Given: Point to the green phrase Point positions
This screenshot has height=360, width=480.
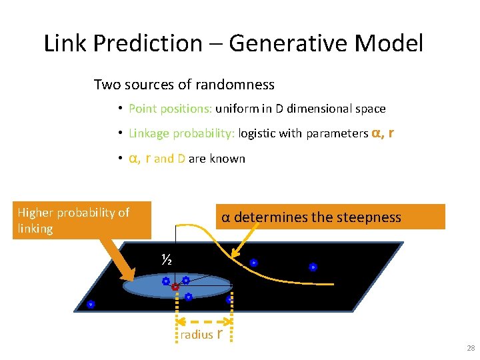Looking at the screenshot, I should coord(170,109).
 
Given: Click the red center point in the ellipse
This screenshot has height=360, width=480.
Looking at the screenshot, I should coord(175,287).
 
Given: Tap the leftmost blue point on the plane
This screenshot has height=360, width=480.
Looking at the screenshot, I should coord(91,304).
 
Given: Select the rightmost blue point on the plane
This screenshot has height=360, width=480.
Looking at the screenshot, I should coord(313,267).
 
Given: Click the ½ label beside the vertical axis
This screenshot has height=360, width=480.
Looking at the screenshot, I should coord(167,259).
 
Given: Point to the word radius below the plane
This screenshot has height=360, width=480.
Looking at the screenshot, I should coord(195,335).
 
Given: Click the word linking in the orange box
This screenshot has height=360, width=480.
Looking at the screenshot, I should coord(35,229).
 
